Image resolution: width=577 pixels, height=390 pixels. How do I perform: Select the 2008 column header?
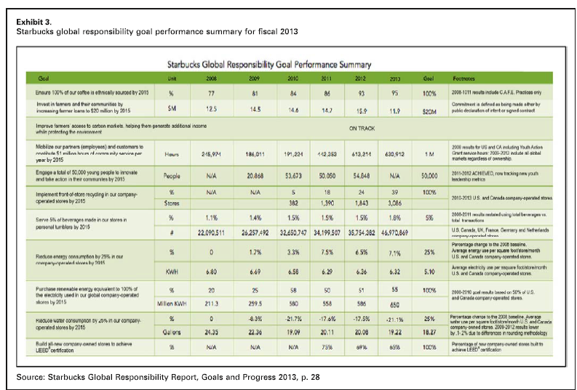211,78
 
